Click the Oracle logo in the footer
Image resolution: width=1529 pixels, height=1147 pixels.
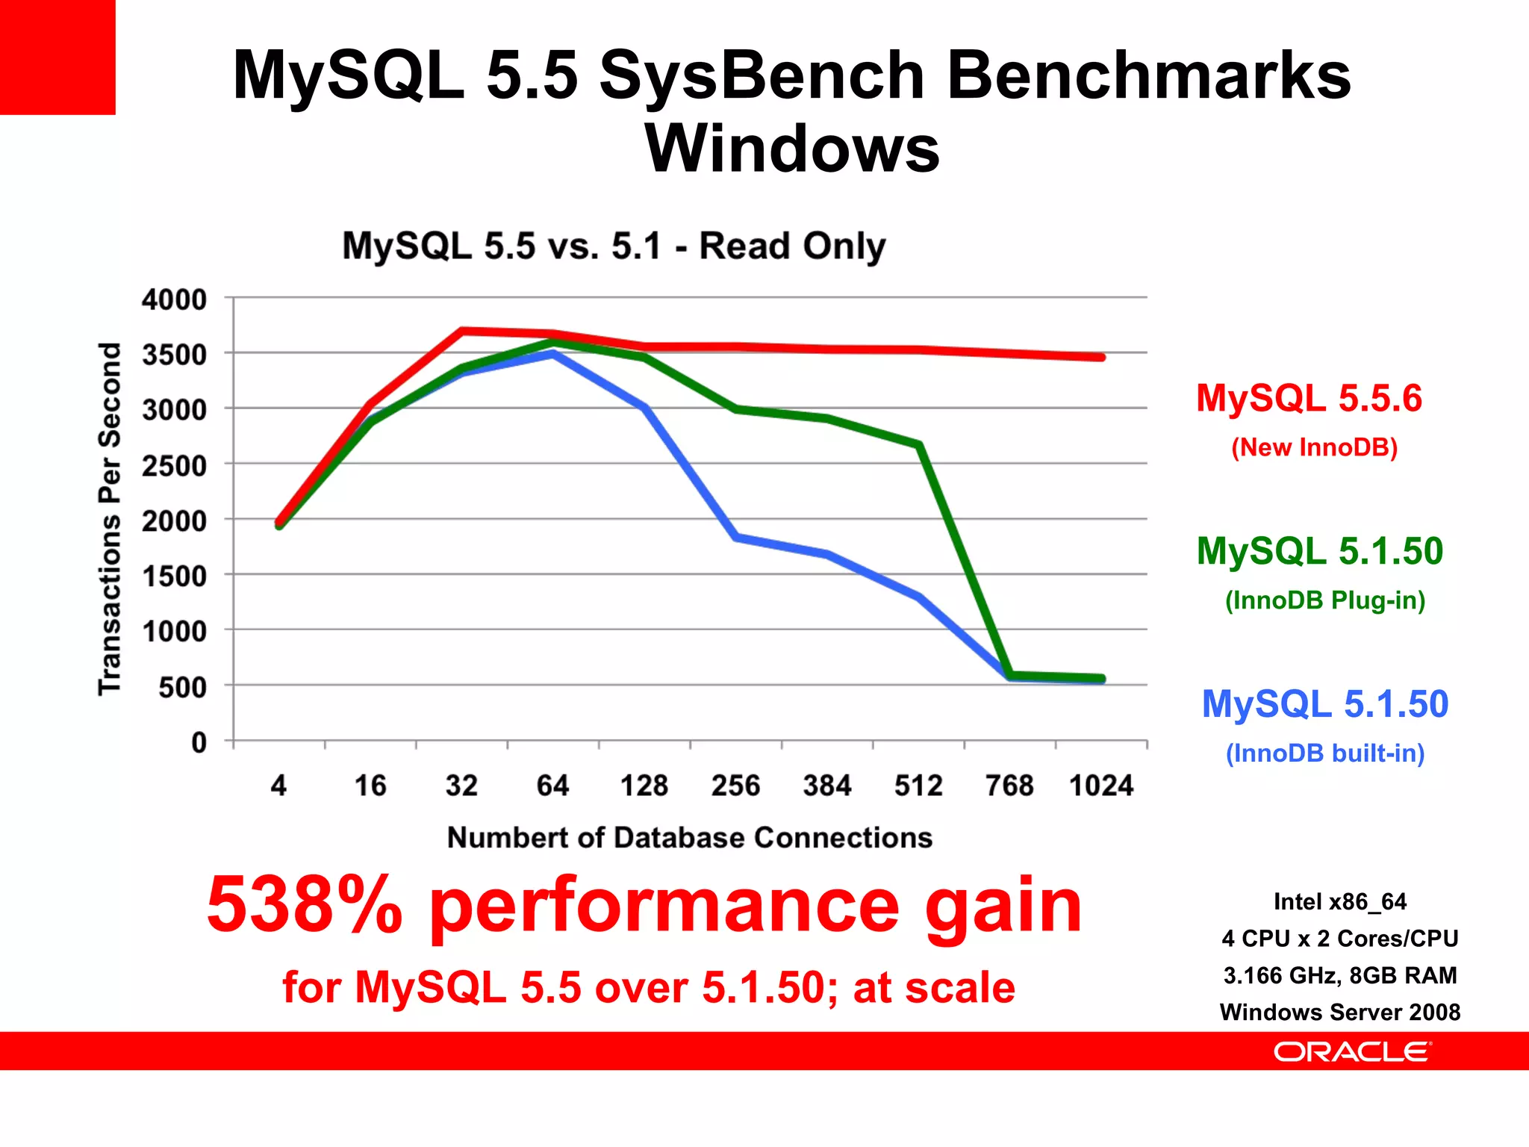pyautogui.click(x=1351, y=1051)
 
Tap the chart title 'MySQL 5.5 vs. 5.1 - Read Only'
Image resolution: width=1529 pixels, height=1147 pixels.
pyautogui.click(x=613, y=246)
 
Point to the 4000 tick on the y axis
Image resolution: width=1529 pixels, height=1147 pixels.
pyautogui.click(x=174, y=299)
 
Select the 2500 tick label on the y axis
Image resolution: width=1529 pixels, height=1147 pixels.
pyautogui.click(x=174, y=466)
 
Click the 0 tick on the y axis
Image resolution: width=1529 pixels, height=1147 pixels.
pyautogui.click(x=199, y=742)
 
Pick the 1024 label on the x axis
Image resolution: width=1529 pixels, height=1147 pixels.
pyautogui.click(x=1100, y=786)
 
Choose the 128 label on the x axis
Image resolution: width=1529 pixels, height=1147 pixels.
pyautogui.click(x=644, y=786)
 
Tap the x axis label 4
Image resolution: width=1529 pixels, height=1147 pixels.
pyautogui.click(x=278, y=786)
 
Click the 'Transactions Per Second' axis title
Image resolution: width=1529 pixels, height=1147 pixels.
pyautogui.click(x=110, y=519)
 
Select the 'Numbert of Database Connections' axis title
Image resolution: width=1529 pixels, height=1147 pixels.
pyautogui.click(x=689, y=838)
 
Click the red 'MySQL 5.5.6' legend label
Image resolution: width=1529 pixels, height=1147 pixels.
pyautogui.click(x=1309, y=398)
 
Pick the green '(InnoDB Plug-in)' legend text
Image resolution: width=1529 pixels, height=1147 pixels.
pyautogui.click(x=1324, y=600)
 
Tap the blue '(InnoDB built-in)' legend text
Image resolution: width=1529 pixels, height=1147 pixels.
pyautogui.click(x=1324, y=753)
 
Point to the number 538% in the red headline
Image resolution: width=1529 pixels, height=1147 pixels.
pyautogui.click(x=304, y=905)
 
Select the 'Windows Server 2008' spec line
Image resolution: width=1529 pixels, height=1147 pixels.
pyautogui.click(x=1339, y=1012)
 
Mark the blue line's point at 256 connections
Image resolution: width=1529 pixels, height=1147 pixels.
pyautogui.click(x=736, y=537)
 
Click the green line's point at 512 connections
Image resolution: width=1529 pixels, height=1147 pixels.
pyautogui.click(x=919, y=445)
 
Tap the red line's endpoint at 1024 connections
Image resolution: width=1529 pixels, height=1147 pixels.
pyautogui.click(x=1101, y=357)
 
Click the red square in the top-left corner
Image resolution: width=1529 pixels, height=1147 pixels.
pyautogui.click(x=57, y=57)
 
